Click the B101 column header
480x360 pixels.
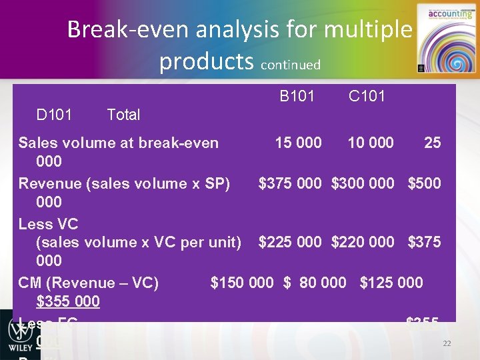[297, 97]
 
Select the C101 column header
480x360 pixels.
[367, 97]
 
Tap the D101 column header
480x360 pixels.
[55, 115]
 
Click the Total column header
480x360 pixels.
[123, 115]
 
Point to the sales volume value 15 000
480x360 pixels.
[299, 143]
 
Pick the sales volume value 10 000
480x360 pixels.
[370, 143]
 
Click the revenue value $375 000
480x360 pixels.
[290, 183]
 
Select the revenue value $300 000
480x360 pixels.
[363, 183]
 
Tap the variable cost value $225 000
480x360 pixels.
[290, 242]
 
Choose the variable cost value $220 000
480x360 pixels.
[363, 242]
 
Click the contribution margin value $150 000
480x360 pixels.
[241, 283]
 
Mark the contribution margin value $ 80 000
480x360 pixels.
[315, 283]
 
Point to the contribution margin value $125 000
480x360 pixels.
[391, 283]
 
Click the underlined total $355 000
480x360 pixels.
[68, 302]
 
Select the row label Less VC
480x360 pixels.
[49, 223]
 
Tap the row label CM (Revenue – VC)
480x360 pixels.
[89, 283]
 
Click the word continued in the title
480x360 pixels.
[291, 65]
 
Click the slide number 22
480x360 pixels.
[447, 343]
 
